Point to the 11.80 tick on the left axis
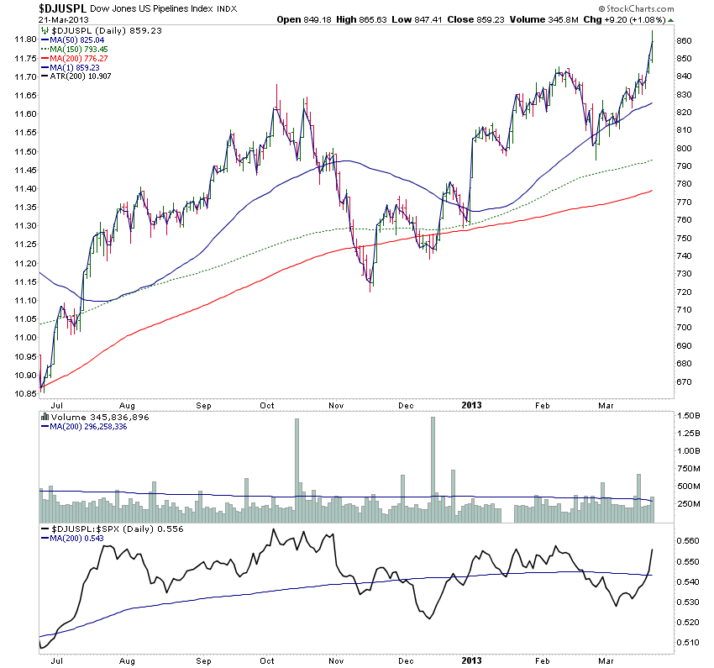pyautogui.click(x=23, y=39)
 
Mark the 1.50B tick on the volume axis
pyautogui.click(x=690, y=416)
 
